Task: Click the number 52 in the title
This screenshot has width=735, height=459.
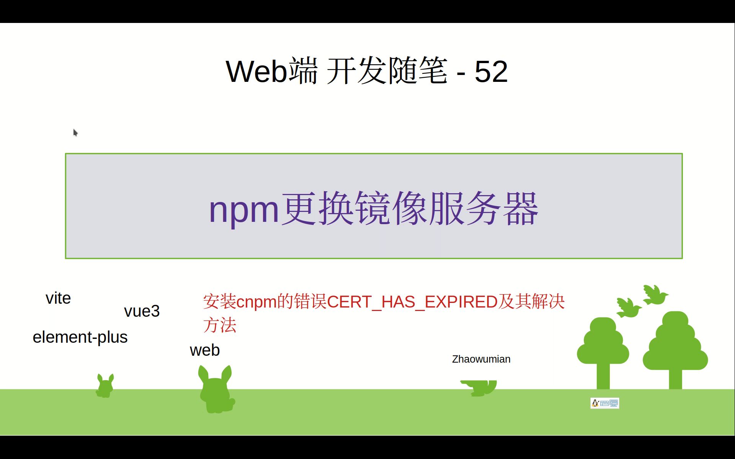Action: (x=491, y=72)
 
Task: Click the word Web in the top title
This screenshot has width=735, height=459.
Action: (x=256, y=72)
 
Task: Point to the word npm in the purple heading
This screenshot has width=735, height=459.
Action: (x=244, y=210)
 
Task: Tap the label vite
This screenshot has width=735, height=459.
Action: (x=58, y=298)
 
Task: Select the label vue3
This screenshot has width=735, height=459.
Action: (x=142, y=311)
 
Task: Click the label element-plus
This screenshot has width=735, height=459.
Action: (x=80, y=337)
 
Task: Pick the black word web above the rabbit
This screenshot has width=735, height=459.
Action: (x=205, y=350)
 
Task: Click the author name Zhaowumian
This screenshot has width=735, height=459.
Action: (x=481, y=359)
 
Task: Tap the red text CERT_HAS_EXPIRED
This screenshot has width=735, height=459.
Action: (x=412, y=302)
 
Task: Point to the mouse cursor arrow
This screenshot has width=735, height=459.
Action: (x=75, y=132)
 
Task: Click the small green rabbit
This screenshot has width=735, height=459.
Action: (x=105, y=386)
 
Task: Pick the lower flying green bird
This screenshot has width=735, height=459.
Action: (x=628, y=308)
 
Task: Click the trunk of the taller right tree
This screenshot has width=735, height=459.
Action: (x=675, y=379)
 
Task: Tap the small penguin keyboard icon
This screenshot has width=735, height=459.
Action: (x=604, y=403)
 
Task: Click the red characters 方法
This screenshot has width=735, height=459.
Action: (x=220, y=326)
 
